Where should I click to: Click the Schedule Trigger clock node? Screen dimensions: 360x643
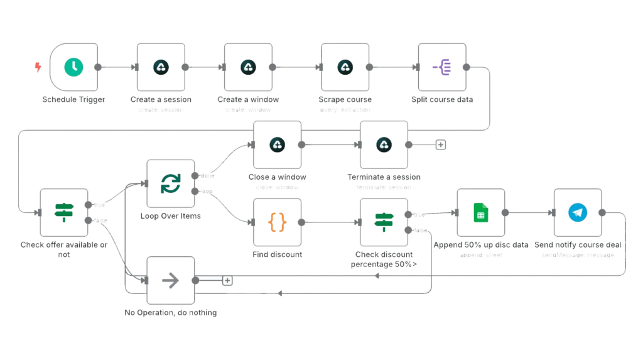pos(73,67)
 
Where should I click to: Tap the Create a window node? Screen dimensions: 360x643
pos(248,67)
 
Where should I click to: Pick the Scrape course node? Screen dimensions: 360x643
pos(345,67)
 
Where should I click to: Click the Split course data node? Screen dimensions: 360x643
pos(441,67)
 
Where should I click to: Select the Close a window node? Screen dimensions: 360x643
pos(277,145)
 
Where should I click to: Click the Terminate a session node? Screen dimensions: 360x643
pos(384,145)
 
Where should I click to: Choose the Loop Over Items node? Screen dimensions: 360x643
pos(170,183)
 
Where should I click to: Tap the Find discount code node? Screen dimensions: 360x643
pos(277,222)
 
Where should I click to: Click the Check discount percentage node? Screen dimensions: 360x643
pos(383,222)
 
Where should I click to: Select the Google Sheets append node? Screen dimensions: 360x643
pos(480,213)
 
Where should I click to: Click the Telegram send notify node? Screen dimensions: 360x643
pos(578,213)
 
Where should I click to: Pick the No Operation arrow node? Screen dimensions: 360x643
pos(170,280)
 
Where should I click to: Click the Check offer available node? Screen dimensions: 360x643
pos(64,213)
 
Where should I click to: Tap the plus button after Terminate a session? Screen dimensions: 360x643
pos(441,145)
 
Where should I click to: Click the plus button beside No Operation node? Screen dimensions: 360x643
pos(227,280)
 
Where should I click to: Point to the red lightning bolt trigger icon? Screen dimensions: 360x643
pos(39,67)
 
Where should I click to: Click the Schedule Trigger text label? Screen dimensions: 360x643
pos(73,99)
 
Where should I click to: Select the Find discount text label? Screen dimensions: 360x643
pos(277,254)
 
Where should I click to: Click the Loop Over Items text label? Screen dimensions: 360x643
pos(170,215)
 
